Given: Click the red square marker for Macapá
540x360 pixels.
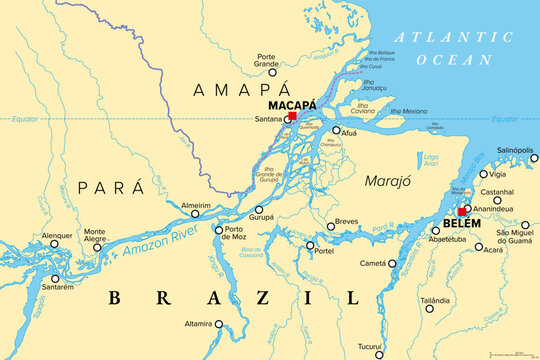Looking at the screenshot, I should pos(291,117).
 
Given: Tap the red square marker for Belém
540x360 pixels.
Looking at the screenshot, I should pos(462,212).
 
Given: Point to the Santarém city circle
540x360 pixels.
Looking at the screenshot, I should pos(55,278).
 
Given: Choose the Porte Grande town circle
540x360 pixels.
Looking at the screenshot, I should pos(272,72).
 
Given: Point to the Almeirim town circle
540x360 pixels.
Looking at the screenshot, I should pos(195,213).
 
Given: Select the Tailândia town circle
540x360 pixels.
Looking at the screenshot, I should pos(430,308).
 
